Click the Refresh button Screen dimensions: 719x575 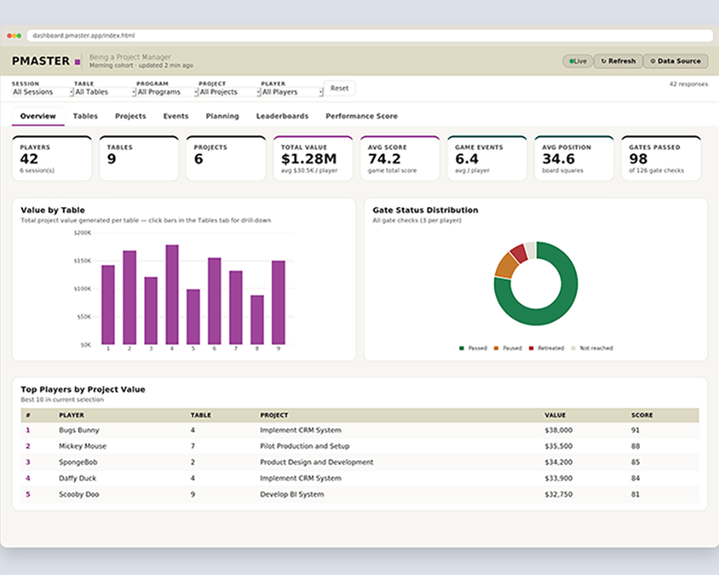click(618, 61)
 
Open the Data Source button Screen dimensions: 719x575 click(675, 61)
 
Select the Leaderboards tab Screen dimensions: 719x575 click(282, 116)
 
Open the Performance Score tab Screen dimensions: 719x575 click(362, 116)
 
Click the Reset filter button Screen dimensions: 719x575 click(339, 88)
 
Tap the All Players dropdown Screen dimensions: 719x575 click(292, 92)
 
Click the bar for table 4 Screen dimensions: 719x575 click(172, 295)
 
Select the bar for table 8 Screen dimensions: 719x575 click(257, 320)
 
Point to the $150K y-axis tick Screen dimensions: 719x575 click(83, 261)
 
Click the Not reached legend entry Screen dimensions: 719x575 click(592, 348)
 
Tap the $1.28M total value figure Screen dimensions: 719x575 click(308, 159)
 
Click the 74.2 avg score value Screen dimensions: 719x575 click(384, 159)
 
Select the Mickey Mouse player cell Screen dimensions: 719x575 click(83, 446)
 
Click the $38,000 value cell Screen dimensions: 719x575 click(559, 430)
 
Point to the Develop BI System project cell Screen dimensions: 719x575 click(292, 494)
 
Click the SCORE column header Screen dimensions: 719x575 click(641, 415)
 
